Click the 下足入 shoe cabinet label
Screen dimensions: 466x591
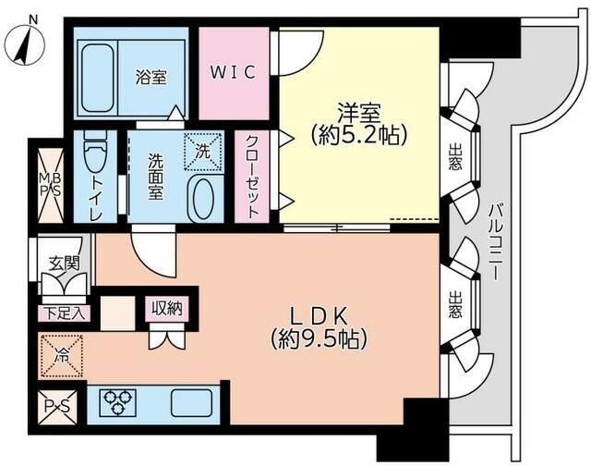(63, 312)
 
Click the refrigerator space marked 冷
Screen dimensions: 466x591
(61, 354)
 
